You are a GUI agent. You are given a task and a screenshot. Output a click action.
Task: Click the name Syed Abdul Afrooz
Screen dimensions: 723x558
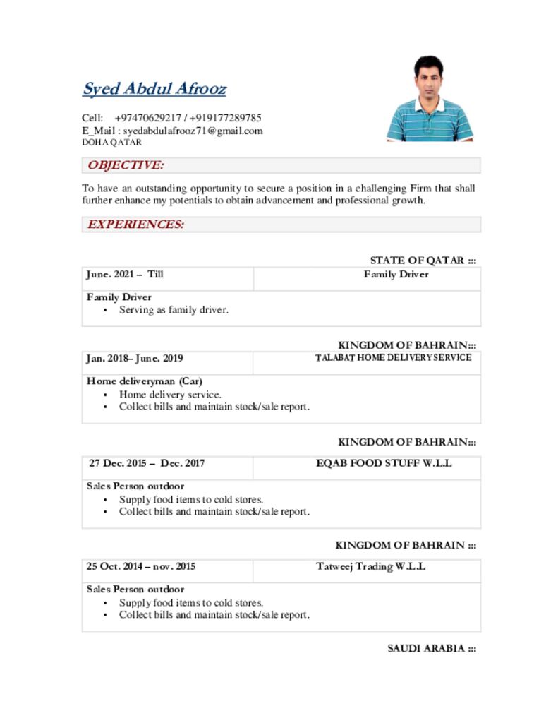pos(154,90)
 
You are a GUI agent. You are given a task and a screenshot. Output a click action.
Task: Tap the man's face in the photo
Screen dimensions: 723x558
pos(429,77)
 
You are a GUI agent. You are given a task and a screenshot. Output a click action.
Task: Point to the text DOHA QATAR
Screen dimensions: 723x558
pos(111,142)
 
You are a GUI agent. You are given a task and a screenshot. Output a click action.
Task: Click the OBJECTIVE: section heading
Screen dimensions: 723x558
pos(126,165)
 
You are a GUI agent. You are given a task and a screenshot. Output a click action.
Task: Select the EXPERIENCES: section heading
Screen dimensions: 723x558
pos(135,225)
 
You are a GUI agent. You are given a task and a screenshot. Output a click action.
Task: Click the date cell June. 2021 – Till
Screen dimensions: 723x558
pos(125,275)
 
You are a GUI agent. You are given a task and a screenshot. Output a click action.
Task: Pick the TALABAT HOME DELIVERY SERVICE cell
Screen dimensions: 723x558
pos(393,358)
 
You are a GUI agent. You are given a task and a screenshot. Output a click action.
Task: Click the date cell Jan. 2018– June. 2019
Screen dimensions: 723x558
pos(135,359)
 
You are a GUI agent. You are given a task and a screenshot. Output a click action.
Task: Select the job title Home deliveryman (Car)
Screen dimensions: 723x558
pos(145,381)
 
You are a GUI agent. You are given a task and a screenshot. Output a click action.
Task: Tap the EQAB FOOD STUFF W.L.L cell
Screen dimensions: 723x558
pos(384,464)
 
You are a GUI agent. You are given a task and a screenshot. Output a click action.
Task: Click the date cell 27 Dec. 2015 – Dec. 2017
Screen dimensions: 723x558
pos(147,464)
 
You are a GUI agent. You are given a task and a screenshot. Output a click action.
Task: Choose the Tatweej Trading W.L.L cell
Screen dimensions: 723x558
pos(370,567)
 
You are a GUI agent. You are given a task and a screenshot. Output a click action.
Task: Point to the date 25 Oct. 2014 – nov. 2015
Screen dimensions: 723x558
pos(141,567)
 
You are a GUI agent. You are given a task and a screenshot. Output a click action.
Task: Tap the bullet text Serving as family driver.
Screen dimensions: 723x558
pos(174,310)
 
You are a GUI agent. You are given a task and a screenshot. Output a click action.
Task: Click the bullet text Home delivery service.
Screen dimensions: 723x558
pos(170,395)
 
